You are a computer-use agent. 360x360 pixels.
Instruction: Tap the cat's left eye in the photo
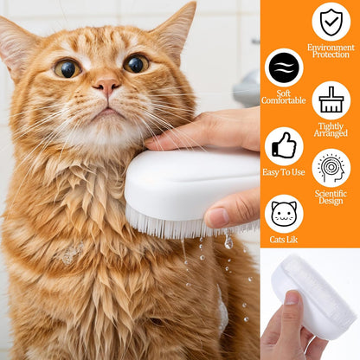coord(67,68)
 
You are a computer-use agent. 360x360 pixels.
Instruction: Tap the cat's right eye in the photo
coord(136,63)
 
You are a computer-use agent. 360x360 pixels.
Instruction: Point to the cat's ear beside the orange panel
coord(177,29)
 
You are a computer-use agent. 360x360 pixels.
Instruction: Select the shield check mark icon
coord(331,22)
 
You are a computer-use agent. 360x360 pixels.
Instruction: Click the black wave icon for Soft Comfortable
coord(284,67)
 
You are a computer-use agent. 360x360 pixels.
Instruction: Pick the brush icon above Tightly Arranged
coord(331,100)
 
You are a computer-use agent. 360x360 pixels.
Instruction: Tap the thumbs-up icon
coord(284,146)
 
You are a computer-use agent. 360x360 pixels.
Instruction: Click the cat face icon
coord(284,213)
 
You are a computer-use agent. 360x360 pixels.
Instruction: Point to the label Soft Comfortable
coord(284,96)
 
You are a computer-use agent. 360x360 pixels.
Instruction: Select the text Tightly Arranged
coord(331,129)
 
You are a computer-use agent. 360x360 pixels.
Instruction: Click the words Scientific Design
coord(331,197)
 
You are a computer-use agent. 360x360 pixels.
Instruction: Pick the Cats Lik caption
coord(284,240)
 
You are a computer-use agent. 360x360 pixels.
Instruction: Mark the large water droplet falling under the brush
coord(228,243)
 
